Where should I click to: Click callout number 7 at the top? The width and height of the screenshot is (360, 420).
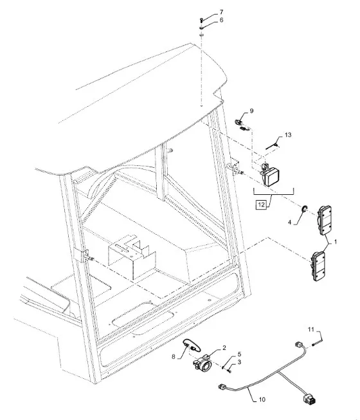coord(221,12)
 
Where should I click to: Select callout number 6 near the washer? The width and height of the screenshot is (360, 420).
coord(221,21)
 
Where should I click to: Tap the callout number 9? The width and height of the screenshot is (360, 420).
coord(251,111)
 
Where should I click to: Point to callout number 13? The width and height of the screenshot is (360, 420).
coord(288,135)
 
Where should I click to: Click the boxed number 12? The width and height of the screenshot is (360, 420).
coord(261,205)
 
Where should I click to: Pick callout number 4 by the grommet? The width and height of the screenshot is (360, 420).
coord(289,223)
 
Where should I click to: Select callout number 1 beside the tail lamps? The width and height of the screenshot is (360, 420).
coord(336,242)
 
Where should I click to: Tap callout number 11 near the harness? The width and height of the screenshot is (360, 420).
coord(310,329)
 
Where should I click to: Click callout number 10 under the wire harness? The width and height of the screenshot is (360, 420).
coord(262,399)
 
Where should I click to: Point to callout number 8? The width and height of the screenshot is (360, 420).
coord(174,357)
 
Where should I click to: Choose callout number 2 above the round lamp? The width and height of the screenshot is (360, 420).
coord(224,348)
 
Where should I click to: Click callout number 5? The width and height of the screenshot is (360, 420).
coord(239,354)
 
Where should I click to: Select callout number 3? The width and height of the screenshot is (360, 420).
coord(239,362)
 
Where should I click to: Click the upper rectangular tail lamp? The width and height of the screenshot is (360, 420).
coord(325,221)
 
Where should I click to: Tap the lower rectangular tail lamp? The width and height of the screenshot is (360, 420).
coord(318,266)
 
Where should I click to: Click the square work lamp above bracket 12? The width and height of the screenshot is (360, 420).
coord(270,174)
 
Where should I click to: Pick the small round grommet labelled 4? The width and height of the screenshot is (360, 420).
coord(304,208)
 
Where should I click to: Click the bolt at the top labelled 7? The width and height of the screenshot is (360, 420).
coord(201,19)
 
